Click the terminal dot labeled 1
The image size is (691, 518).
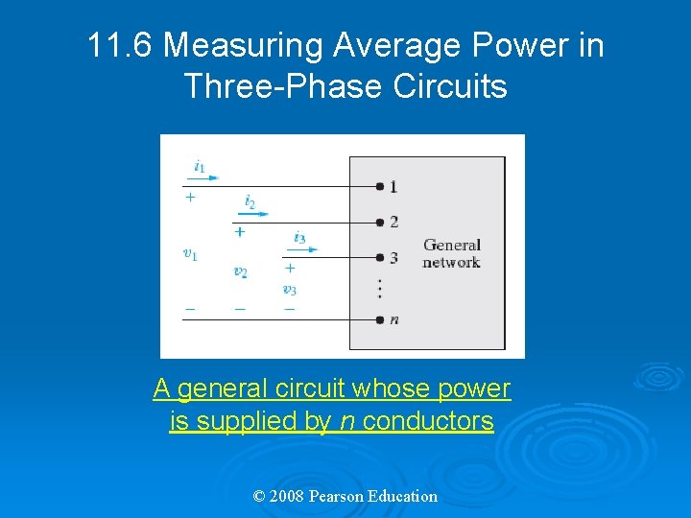(380, 186)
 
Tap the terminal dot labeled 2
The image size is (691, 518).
(380, 222)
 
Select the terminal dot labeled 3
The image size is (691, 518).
(380, 257)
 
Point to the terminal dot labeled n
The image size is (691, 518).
(380, 319)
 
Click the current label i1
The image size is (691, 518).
(199, 167)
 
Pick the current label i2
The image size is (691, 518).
(250, 201)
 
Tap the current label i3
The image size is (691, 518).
(299, 237)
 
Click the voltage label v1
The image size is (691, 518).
(190, 254)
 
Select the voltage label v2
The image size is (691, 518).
(240, 271)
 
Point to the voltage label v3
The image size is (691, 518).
(289, 289)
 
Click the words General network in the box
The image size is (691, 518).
(451, 253)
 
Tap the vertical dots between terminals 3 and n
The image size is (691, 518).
(380, 288)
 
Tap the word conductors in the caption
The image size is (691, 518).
(429, 421)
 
